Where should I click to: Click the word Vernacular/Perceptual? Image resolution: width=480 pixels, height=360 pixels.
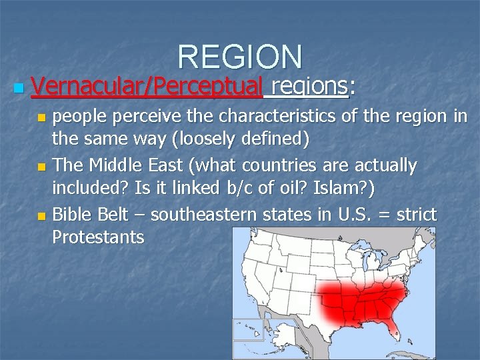(x=147, y=85)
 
